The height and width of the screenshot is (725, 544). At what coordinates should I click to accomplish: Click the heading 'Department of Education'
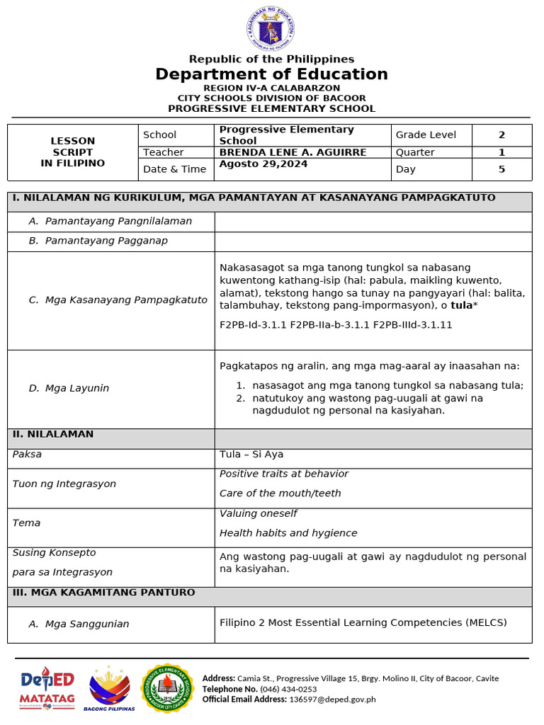pos(271,74)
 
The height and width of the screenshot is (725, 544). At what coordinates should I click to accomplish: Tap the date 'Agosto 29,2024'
pos(256,164)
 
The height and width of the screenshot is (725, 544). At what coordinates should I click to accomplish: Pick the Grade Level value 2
pos(501,135)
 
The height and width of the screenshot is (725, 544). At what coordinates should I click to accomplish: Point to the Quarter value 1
pos(501,152)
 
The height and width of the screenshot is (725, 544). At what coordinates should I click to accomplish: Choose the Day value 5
pos(501,169)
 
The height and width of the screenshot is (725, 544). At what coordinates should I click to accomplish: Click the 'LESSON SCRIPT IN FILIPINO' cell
pos(73,152)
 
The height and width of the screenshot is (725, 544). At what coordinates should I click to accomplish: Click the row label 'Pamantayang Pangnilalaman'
pos(118,221)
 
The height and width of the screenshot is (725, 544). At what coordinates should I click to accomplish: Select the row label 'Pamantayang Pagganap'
pos(106,241)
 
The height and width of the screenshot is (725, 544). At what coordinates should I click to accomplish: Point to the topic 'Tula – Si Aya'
pos(251,454)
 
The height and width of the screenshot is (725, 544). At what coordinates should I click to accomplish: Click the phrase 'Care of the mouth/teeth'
pos(280,493)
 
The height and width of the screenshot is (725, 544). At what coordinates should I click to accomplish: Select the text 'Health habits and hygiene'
pos(288,532)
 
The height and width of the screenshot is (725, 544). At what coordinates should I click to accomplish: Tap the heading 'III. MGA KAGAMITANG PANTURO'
pos(103,592)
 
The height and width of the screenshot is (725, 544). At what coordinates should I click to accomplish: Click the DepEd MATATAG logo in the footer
pos(47,688)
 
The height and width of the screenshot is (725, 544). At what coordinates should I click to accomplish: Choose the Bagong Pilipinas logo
pos(109,688)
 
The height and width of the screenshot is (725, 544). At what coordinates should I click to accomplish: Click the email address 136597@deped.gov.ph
pos(332,700)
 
